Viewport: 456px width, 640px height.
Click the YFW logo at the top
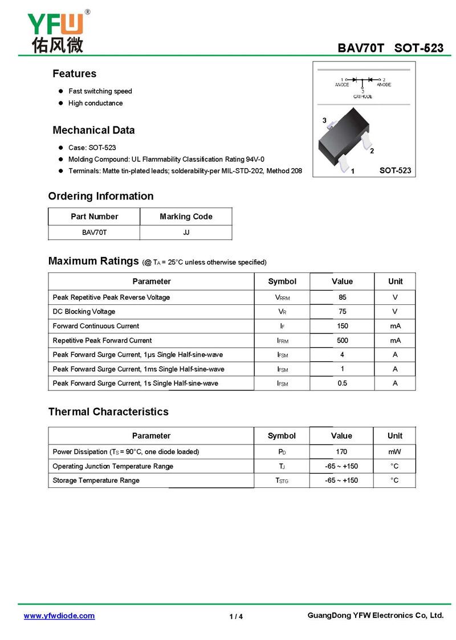pyautogui.click(x=55, y=31)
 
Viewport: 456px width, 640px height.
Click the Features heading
pyautogui.click(x=74, y=74)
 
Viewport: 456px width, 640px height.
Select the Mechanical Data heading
pyautogui.click(x=93, y=130)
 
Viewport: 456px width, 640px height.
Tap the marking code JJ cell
pyautogui.click(x=186, y=233)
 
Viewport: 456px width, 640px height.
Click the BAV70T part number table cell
pyautogui.click(x=94, y=233)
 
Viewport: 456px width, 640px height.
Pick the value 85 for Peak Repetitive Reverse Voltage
pyautogui.click(x=342, y=297)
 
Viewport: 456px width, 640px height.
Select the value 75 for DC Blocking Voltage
pyautogui.click(x=342, y=312)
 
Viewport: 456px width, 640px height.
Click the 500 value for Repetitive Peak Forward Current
pyautogui.click(x=342, y=340)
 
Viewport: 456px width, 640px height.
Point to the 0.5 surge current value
pyautogui.click(x=342, y=383)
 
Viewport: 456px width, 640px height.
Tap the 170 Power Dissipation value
pyautogui.click(x=341, y=452)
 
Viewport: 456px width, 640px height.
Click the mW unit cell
pyautogui.click(x=394, y=452)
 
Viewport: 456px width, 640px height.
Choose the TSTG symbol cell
pyautogui.click(x=282, y=480)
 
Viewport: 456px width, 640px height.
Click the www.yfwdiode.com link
pyautogui.click(x=59, y=615)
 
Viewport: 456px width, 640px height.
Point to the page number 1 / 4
pyautogui.click(x=236, y=616)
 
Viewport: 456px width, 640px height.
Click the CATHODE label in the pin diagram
pyautogui.click(x=363, y=96)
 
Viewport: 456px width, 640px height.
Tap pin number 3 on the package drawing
pyautogui.click(x=324, y=121)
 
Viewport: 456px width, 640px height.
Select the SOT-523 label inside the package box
pyautogui.click(x=395, y=170)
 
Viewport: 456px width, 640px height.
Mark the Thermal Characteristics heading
pyautogui.click(x=108, y=411)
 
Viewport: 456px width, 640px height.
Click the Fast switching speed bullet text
pyautogui.click(x=100, y=91)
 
